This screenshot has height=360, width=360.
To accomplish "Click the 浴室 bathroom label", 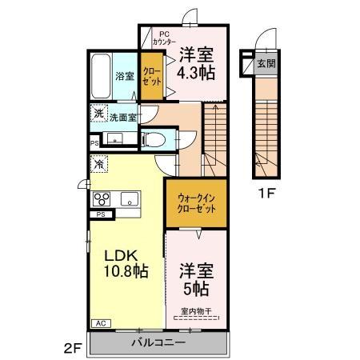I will tap(125, 77).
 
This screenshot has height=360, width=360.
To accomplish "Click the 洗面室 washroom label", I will tap(122, 117).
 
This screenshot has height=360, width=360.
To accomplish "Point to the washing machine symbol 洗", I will tap(98, 114).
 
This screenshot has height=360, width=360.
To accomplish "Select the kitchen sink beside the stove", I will tap(130, 198).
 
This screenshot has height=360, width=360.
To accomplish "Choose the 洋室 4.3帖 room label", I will tap(196, 63).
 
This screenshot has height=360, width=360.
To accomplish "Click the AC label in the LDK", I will tap(102, 323).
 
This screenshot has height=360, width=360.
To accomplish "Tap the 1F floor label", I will tap(268, 193).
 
